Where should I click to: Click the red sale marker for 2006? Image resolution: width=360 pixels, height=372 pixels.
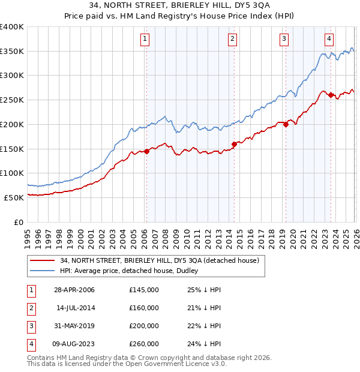pyautogui.click(x=146, y=151)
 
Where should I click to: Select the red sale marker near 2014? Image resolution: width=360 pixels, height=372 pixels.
pyautogui.click(x=234, y=144)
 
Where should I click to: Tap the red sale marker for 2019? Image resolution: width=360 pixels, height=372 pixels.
pyautogui.click(x=286, y=124)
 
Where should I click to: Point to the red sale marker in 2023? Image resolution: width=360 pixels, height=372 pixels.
pyautogui.click(x=331, y=95)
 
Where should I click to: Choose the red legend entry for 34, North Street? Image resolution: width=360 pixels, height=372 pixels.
pyautogui.click(x=159, y=260)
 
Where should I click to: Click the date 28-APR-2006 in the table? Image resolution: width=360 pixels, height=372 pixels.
pyautogui.click(x=74, y=290)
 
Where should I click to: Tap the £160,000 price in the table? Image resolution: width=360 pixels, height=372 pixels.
pyautogui.click(x=144, y=308)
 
